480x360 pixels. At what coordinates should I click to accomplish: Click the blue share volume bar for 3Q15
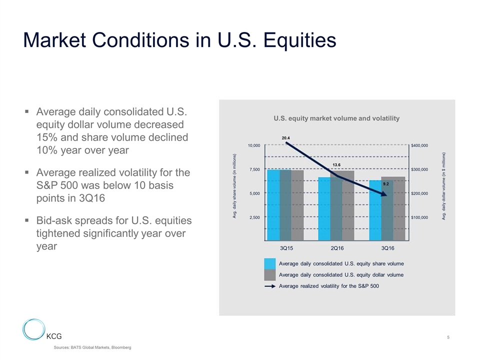[273, 205]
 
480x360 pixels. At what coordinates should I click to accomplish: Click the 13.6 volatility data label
[337, 164]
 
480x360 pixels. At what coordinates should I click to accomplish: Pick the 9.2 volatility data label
[386, 184]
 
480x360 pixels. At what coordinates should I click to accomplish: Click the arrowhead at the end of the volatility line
[384, 194]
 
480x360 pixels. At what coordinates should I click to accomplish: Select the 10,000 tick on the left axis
[254, 145]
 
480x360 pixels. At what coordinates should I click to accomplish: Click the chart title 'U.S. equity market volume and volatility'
[336, 118]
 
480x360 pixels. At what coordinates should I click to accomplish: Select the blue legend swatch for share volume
[270, 263]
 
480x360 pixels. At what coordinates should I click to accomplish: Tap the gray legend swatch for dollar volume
[270, 275]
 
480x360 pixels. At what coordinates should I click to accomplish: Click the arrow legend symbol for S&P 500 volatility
[270, 286]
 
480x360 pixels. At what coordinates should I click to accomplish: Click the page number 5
[448, 337]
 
